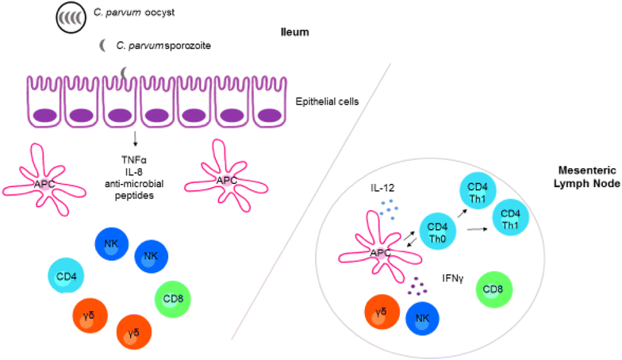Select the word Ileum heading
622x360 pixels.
tap(294, 32)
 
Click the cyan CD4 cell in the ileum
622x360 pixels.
tap(67, 276)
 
